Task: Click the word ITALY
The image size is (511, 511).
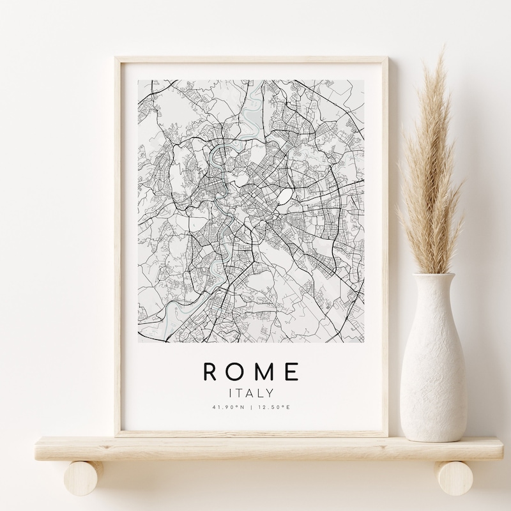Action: [251, 393]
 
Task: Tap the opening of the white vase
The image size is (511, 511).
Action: [434, 276]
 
